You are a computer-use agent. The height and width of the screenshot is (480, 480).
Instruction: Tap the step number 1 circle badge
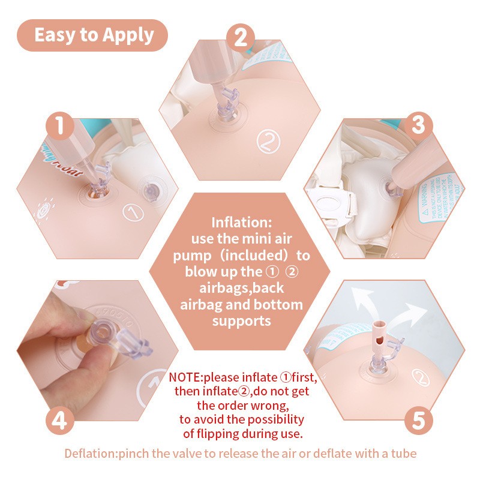pos(60,126)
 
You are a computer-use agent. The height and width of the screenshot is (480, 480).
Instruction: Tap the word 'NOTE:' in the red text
pos(185,378)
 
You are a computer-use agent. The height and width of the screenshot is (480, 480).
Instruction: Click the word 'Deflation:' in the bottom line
pos(91,453)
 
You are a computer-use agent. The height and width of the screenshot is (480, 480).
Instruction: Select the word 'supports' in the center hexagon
pos(241,321)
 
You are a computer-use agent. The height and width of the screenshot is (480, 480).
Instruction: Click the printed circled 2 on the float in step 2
pos(266,142)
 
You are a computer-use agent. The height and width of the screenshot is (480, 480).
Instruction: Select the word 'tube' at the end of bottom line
pos(403,453)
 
